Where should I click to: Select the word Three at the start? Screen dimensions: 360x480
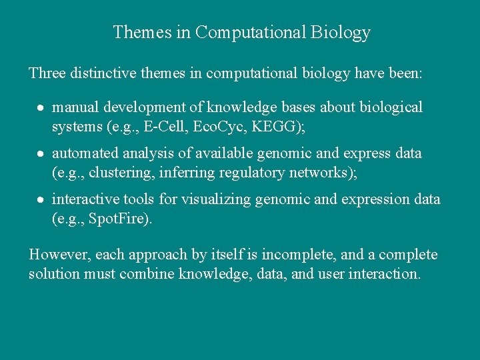(x=47, y=73)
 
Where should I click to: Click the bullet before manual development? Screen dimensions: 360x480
(x=41, y=108)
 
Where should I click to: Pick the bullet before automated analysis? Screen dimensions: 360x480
(x=41, y=154)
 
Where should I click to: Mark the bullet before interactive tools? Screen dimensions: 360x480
(x=41, y=200)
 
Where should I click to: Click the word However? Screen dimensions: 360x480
(x=60, y=255)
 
